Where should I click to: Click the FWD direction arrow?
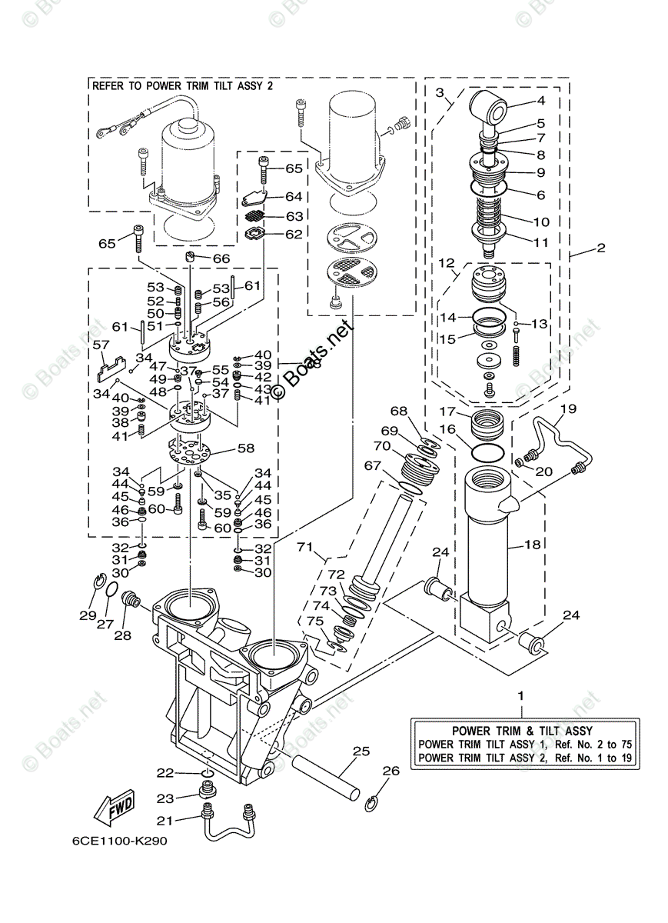click(114, 808)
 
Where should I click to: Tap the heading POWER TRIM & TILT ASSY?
click(522, 731)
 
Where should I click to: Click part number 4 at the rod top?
click(540, 101)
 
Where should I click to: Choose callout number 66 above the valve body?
click(221, 258)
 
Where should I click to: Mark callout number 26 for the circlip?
click(390, 770)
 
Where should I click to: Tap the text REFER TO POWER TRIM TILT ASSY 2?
click(183, 86)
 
